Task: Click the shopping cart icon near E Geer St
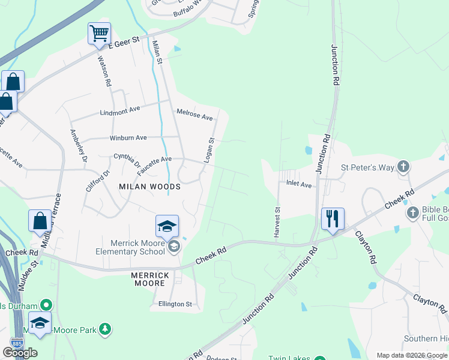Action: [x=99, y=33]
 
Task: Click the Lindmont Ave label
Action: [x=119, y=109]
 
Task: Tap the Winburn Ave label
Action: [x=128, y=138]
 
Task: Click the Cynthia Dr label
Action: [x=127, y=160]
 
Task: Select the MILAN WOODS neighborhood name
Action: [x=149, y=187]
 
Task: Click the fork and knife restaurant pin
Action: [x=333, y=218]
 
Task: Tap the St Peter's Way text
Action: [x=367, y=167]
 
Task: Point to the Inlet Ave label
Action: [x=298, y=184]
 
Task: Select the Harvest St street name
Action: [x=277, y=223]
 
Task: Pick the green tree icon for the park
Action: [x=106, y=329]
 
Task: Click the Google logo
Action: [x=20, y=353]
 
